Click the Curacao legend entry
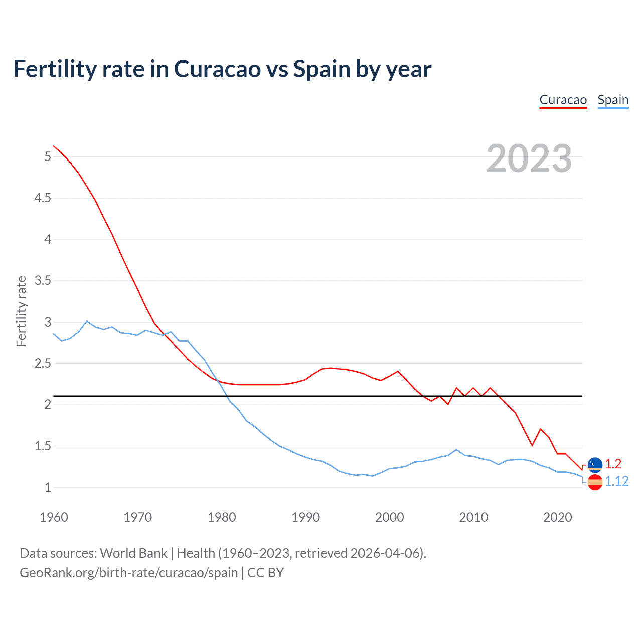coord(563,100)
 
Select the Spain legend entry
coord(613,100)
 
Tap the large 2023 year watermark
coord(529,158)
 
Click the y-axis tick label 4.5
coord(43,198)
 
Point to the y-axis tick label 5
coord(48,156)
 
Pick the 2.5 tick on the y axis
coord(43,363)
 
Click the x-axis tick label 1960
coord(54,517)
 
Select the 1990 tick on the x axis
coord(305,517)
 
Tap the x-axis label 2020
coord(557,517)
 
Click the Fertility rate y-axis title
coord(21,311)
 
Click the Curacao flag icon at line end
coord(595,465)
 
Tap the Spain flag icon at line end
coord(595,483)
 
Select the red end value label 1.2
coord(613,464)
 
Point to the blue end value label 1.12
coord(616,481)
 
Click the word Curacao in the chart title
coord(217,69)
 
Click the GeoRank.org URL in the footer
coord(128,573)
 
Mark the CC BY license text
coord(265,573)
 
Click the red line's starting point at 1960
coord(54,146)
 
